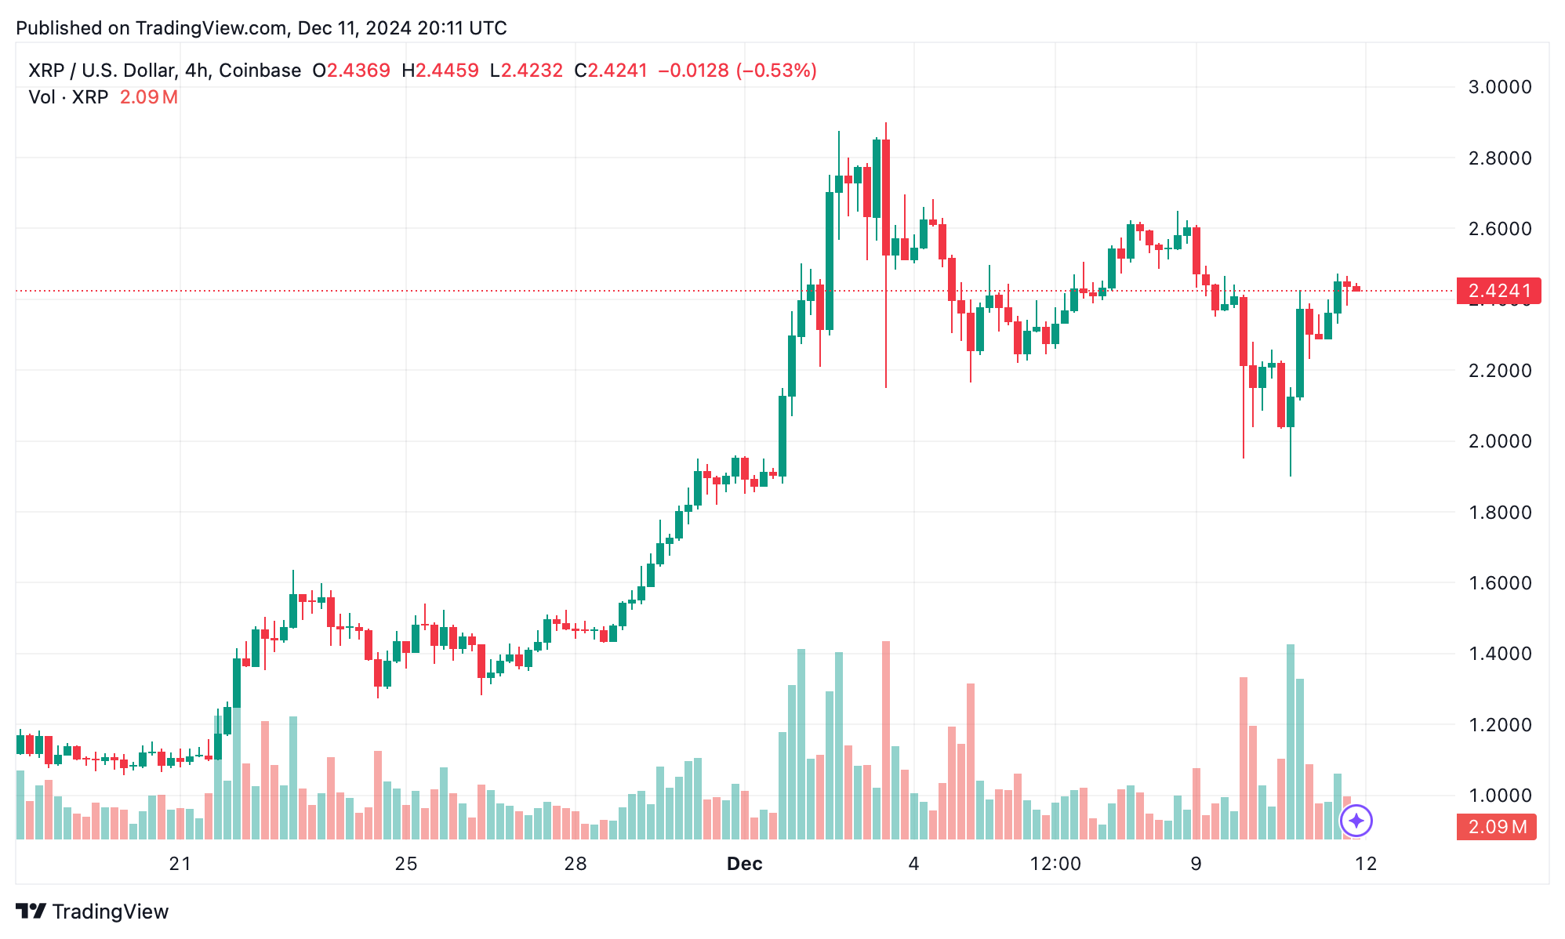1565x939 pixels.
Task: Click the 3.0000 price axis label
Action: (1499, 87)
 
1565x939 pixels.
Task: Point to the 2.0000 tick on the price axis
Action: (1499, 441)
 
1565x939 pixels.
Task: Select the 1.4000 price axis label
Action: (1499, 654)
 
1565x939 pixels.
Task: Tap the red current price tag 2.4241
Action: (1498, 291)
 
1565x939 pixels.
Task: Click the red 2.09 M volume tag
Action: (1496, 827)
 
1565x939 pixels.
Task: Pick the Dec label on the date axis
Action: (744, 864)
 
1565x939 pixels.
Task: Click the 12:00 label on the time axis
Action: (1055, 864)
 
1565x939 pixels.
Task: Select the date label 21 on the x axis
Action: (180, 864)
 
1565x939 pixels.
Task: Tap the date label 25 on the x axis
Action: (406, 864)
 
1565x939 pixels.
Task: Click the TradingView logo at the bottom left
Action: (93, 912)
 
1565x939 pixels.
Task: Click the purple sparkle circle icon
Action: (1356, 821)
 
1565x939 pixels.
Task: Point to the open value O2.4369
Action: (351, 71)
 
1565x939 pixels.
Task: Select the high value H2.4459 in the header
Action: (440, 71)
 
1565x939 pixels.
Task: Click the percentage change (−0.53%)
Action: (777, 71)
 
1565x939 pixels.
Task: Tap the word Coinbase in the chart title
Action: (260, 71)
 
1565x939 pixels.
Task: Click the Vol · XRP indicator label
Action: (68, 97)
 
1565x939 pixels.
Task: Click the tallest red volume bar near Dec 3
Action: (886, 737)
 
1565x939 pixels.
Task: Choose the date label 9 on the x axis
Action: (1196, 864)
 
